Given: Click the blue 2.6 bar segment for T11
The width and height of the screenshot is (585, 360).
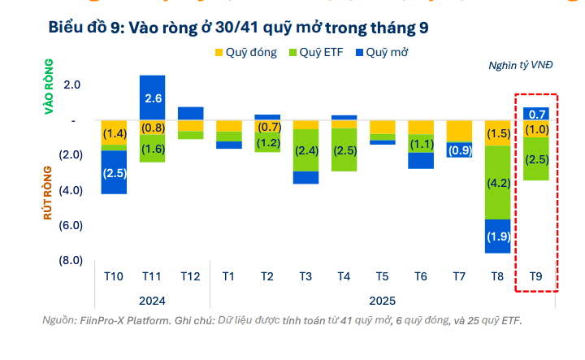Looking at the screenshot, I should (152, 98).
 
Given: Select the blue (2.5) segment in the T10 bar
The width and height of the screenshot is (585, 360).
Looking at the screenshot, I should (114, 172).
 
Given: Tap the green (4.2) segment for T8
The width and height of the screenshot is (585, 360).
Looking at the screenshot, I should (497, 183).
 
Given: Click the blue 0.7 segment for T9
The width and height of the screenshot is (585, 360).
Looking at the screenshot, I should (537, 114).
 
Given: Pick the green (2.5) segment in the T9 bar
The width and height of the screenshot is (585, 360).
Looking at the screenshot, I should (537, 158).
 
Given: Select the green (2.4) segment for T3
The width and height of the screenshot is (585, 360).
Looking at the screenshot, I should (305, 151).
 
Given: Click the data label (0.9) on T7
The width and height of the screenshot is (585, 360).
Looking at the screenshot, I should (459, 150).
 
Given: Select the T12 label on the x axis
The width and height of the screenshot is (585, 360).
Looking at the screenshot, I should (190, 277).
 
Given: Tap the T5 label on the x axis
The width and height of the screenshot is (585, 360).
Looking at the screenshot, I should (382, 277).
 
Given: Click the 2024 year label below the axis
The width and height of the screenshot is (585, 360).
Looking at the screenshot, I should (152, 299).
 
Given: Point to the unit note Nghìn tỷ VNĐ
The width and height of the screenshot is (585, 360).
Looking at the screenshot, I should (520, 65).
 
